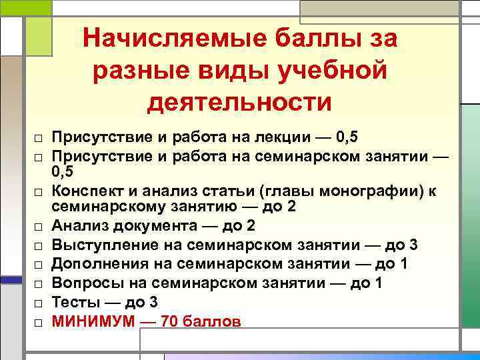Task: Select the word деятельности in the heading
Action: pyautogui.click(x=239, y=103)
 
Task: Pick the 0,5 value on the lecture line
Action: pyautogui.click(x=347, y=138)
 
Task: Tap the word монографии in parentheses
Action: pyautogui.click(x=379, y=191)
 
